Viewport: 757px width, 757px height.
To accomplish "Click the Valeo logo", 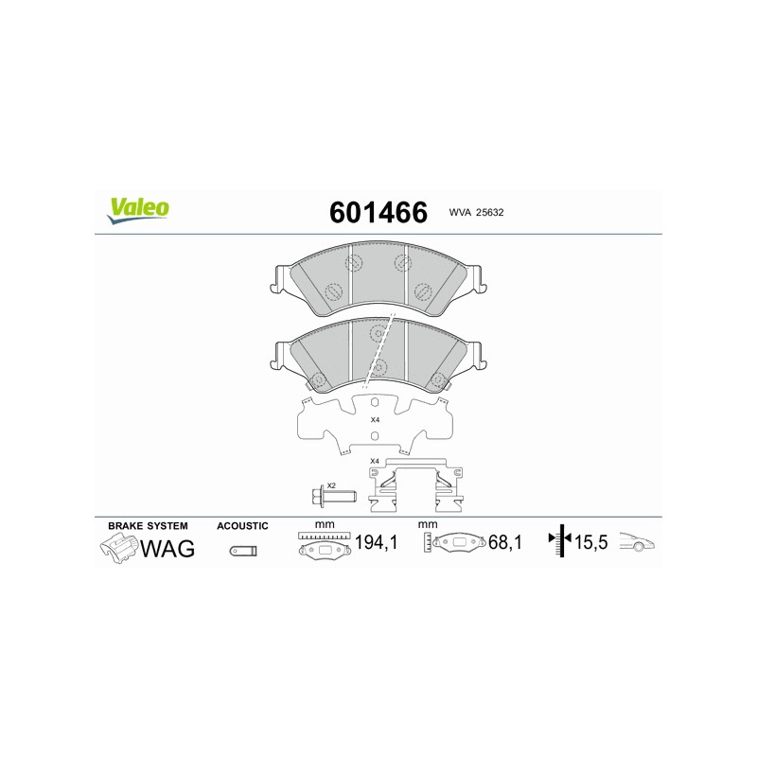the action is pyautogui.click(x=138, y=210).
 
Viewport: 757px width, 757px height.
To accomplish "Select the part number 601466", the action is pyautogui.click(x=378, y=212).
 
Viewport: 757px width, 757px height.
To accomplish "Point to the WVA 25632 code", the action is pyautogui.click(x=476, y=212).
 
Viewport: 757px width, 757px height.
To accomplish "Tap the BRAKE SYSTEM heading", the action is pyautogui.click(x=148, y=526).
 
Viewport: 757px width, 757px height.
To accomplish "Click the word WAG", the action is pyautogui.click(x=167, y=548).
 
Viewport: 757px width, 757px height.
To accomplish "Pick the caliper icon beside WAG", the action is pyautogui.click(x=119, y=549).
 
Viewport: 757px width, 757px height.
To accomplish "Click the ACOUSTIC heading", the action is pyautogui.click(x=242, y=526).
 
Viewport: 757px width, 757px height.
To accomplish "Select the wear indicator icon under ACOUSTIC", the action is pyautogui.click(x=243, y=551).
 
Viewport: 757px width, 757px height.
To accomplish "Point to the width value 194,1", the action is pyautogui.click(x=376, y=542).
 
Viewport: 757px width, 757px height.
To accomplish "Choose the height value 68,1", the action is pyautogui.click(x=505, y=542).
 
